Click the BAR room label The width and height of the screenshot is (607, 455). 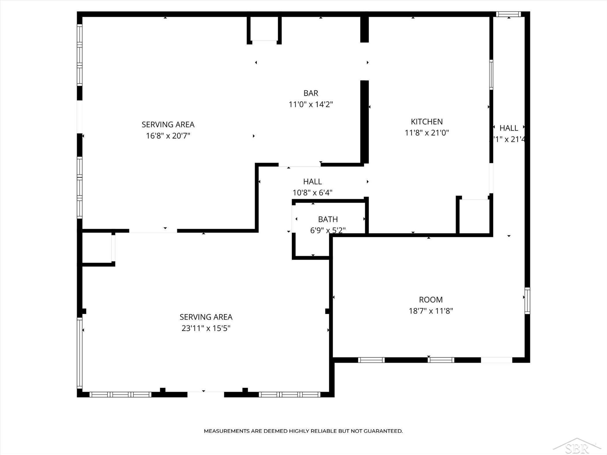point(311,93)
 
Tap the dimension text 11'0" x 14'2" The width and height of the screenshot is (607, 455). point(311,104)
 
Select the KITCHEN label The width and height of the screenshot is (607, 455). point(427,122)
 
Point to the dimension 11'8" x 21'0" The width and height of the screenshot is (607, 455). point(427,133)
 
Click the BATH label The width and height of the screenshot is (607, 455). point(328,219)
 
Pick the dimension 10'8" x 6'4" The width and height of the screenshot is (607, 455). point(312,193)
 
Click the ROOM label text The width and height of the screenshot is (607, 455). point(431,300)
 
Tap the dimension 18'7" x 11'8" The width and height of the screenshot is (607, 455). point(431,311)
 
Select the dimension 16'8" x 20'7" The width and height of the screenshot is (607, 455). point(168,136)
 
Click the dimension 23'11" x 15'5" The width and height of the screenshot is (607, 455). point(206,328)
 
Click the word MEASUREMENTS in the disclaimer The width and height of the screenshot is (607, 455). point(226,431)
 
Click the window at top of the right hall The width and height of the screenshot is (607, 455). point(508,14)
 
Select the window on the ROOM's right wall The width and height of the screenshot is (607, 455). point(527,301)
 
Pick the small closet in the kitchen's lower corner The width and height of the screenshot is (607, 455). point(474,216)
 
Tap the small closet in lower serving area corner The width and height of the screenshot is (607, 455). point(97,248)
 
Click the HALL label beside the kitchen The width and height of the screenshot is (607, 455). point(509,128)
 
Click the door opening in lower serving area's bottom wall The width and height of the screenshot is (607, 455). point(206,394)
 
